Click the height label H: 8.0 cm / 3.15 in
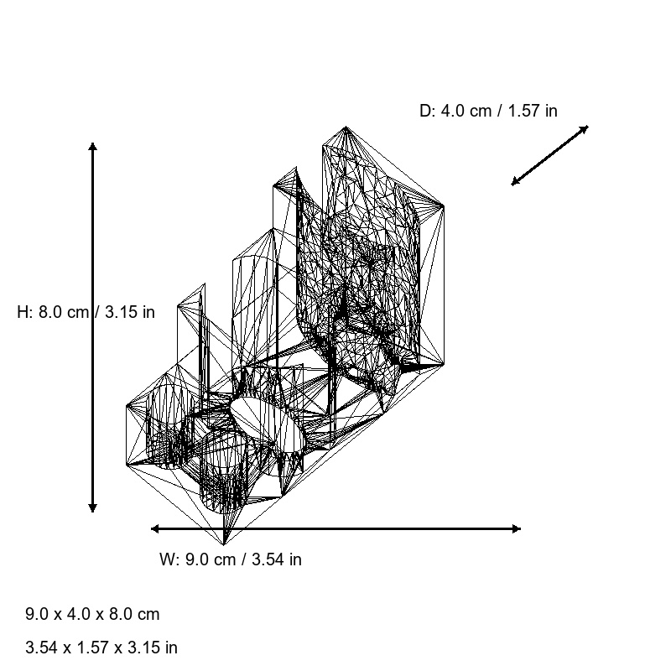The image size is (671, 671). tap(86, 312)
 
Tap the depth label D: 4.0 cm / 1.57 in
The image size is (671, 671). tap(488, 111)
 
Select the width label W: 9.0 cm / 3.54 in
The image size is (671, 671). tap(231, 559)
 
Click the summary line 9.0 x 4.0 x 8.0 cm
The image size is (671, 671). tap(92, 614)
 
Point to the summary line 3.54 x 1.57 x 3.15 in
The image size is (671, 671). tap(101, 648)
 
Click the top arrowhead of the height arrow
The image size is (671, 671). tap(92, 146)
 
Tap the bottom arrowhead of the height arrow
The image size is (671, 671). tap(92, 509)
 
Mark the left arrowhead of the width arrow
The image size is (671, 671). tap(154, 528)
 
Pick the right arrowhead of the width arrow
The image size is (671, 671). tap(518, 528)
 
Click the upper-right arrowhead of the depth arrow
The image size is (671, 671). tap(585, 127)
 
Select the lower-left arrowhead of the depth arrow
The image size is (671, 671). tap(514, 183)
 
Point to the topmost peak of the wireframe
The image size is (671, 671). tap(346, 127)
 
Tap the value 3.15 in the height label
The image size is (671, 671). tap(123, 312)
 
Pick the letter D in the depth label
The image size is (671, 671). tap(425, 111)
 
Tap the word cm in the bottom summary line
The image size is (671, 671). tap(148, 614)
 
